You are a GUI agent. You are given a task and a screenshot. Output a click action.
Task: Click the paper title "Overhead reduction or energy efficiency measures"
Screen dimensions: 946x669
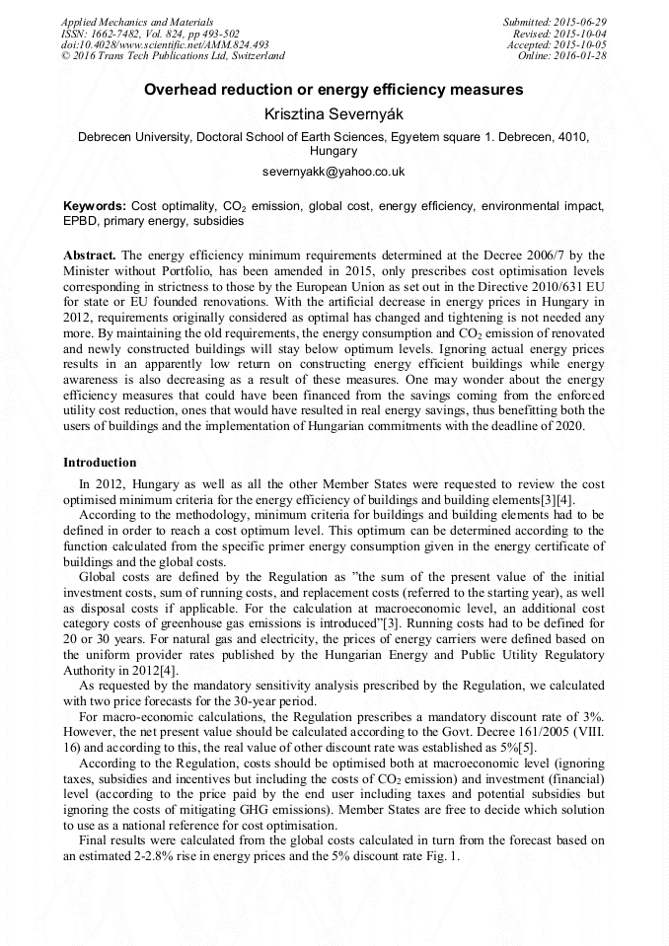[x=334, y=90]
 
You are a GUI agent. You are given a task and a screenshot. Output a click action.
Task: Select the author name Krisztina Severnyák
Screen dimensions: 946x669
[x=334, y=115]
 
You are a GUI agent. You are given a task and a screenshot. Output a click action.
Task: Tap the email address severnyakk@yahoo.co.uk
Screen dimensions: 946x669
[x=334, y=171]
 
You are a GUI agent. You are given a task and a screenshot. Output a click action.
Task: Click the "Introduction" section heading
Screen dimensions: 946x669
[x=100, y=462]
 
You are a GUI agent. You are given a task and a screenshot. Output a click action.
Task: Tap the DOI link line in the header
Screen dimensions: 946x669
[x=165, y=45]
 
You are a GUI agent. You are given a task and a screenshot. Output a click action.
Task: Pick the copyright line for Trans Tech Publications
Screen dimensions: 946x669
[x=173, y=56]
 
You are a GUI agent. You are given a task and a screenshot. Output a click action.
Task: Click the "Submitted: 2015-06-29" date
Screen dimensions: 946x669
[x=555, y=22]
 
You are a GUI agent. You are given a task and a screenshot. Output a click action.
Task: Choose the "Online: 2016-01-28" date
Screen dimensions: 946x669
[x=562, y=56]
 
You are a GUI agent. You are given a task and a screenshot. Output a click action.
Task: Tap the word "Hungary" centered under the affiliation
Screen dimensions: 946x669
[x=334, y=152]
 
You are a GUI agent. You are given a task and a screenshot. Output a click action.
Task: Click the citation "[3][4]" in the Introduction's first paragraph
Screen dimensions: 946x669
[x=559, y=500]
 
